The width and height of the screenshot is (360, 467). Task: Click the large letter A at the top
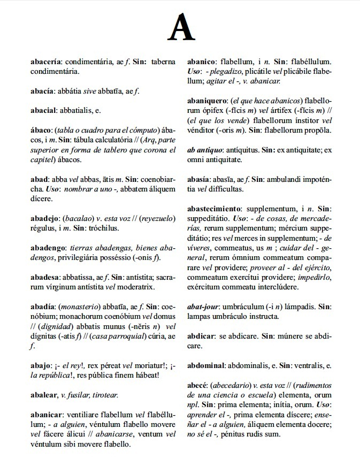tap(180, 27)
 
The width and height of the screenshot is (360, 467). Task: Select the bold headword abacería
tap(46, 62)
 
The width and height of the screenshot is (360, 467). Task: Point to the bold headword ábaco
tap(41, 131)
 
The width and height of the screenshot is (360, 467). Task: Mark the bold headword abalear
tap(44, 395)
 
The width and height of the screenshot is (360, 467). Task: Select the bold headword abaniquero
tap(207, 101)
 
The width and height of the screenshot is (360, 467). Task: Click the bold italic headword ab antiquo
tap(204, 150)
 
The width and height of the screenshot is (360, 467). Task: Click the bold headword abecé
tap(197, 386)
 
